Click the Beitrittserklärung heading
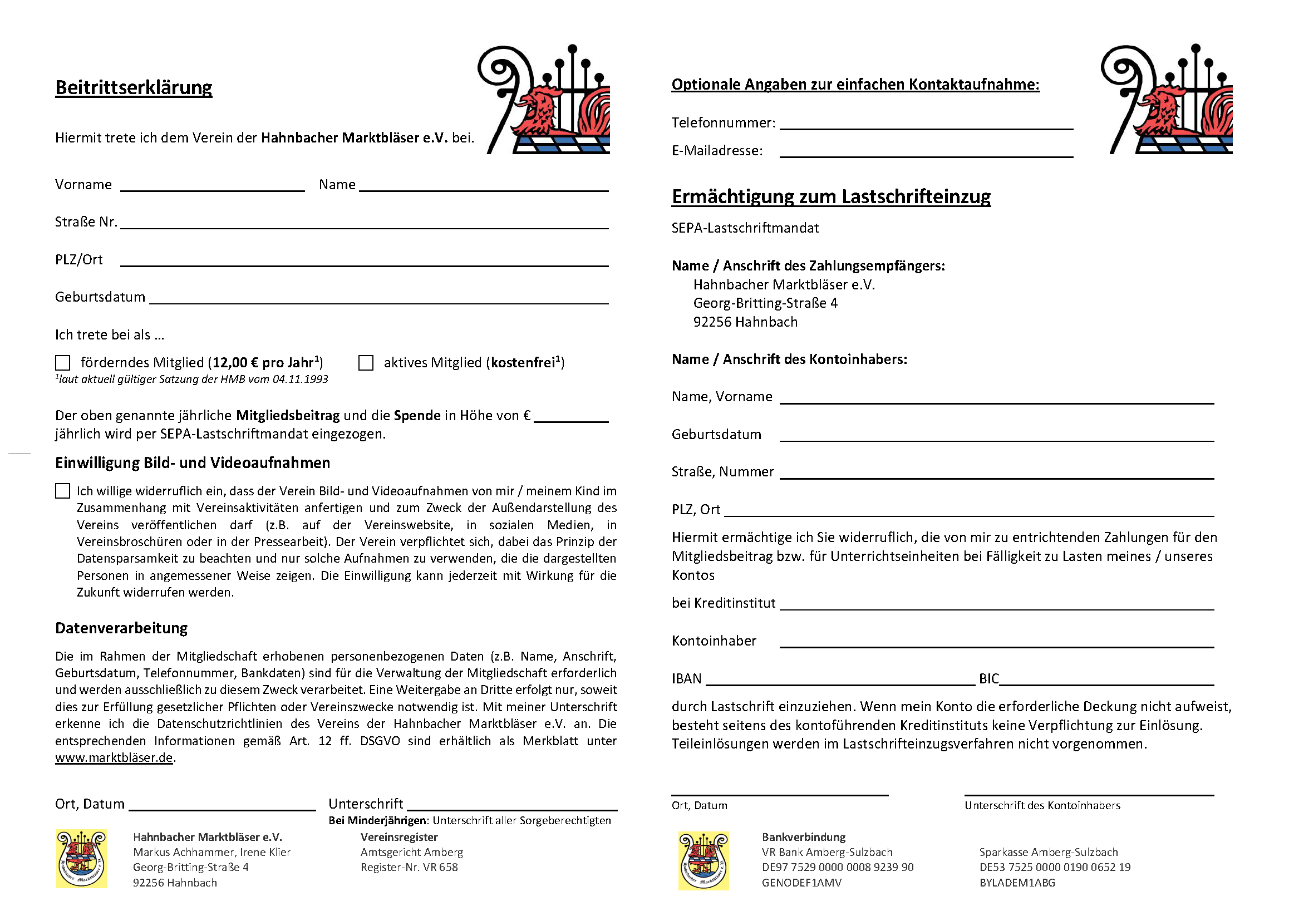[x=134, y=87]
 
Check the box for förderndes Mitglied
[x=63, y=363]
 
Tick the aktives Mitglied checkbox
[x=366, y=363]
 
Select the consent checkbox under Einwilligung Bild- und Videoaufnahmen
[x=63, y=491]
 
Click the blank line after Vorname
[x=212, y=187]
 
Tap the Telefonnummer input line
[x=926, y=125]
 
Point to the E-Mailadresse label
[x=716, y=151]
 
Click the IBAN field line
[x=840, y=681]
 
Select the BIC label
[x=988, y=678]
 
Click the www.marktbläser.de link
[x=114, y=757]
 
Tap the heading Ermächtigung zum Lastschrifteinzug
[x=830, y=196]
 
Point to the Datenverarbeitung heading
[x=121, y=628]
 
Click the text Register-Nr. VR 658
[x=409, y=867]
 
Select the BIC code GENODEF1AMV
[x=801, y=883]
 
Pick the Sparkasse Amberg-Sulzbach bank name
[x=1048, y=851]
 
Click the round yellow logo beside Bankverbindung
[x=703, y=860]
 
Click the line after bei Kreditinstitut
[x=996, y=605]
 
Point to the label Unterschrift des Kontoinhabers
[x=1042, y=805]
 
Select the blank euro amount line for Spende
[x=570, y=418]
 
